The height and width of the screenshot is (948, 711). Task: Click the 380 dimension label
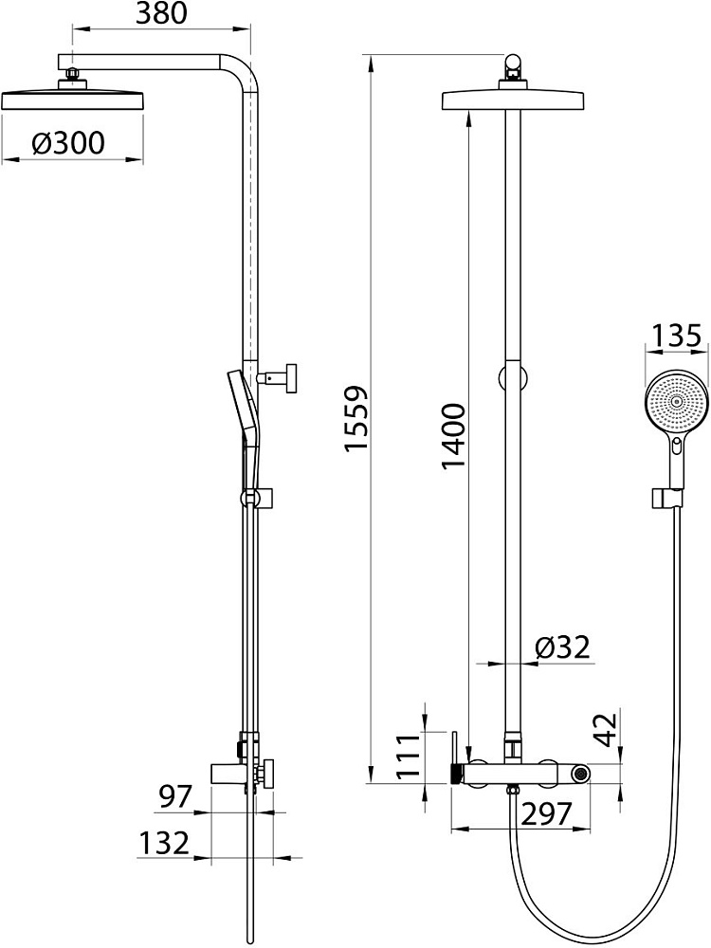161,13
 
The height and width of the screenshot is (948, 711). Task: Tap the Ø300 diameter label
68,143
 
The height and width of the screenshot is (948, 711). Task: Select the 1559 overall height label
355,418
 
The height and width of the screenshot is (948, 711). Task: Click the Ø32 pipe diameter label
562,647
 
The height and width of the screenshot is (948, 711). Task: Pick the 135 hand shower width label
677,336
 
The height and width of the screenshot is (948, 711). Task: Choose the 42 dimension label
605,730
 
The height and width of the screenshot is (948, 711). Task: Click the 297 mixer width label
546,814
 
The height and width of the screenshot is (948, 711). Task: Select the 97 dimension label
174,796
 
